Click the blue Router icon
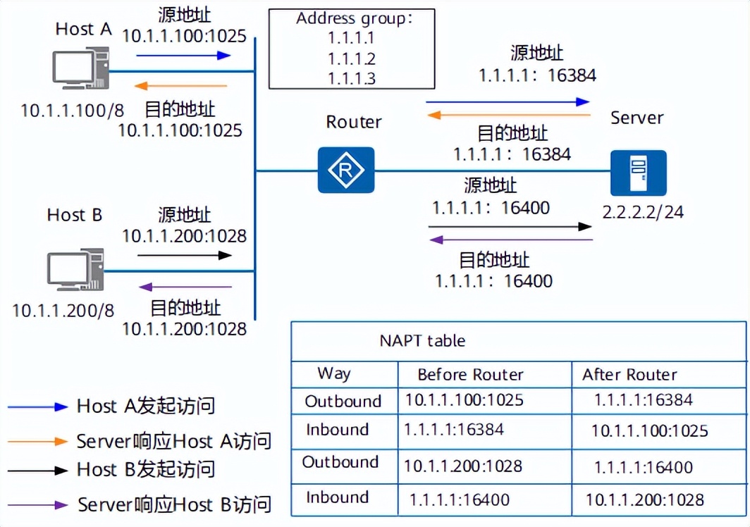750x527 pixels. [x=345, y=170]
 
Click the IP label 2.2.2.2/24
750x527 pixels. [x=643, y=211]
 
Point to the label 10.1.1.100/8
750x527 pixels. [x=72, y=110]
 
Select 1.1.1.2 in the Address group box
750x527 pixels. [x=351, y=58]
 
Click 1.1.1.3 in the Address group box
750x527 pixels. [x=351, y=77]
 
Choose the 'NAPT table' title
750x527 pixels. [x=422, y=341]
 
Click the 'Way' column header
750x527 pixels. [x=334, y=373]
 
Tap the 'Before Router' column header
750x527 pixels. [x=470, y=374]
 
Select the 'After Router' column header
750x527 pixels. [x=629, y=374]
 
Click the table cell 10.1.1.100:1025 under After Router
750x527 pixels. [x=649, y=430]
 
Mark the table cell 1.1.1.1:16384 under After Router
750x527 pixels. [x=644, y=400]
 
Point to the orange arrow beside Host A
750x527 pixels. [x=181, y=86]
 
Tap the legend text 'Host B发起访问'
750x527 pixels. [x=146, y=469]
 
